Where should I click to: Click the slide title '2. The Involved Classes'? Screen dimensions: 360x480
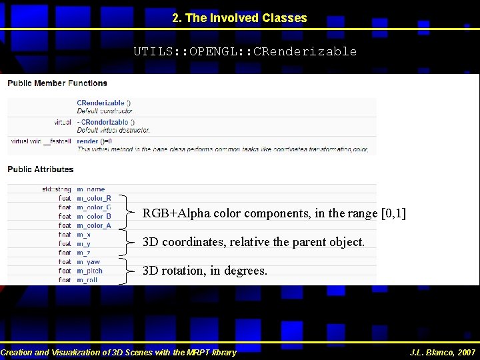click(x=239, y=19)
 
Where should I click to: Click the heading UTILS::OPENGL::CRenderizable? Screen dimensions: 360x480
click(x=245, y=51)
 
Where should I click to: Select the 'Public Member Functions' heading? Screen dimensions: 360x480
click(x=58, y=83)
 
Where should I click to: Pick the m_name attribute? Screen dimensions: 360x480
click(x=91, y=189)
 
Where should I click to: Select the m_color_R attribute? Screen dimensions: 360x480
click(x=94, y=198)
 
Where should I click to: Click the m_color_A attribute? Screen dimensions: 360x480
click(x=94, y=225)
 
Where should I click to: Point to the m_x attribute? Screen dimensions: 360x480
click(x=84, y=235)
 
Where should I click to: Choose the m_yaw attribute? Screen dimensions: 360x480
click(x=89, y=262)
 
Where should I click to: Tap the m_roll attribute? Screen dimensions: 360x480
click(x=88, y=280)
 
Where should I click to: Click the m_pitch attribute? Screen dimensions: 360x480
click(x=90, y=271)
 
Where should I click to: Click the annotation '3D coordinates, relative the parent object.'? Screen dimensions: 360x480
click(x=254, y=242)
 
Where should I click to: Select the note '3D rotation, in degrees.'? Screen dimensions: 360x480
click(x=205, y=271)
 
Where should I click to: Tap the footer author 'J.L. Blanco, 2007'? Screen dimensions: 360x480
click(x=443, y=352)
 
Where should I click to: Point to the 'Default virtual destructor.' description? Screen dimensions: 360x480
click(x=113, y=130)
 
